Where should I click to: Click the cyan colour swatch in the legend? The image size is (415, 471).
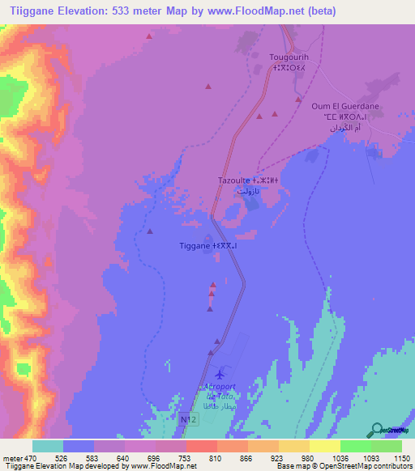pyautogui.click(x=48, y=446)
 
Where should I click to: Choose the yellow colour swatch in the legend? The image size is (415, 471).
pyautogui.click(x=325, y=446)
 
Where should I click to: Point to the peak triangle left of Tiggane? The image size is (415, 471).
pyautogui.click(x=151, y=232)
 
